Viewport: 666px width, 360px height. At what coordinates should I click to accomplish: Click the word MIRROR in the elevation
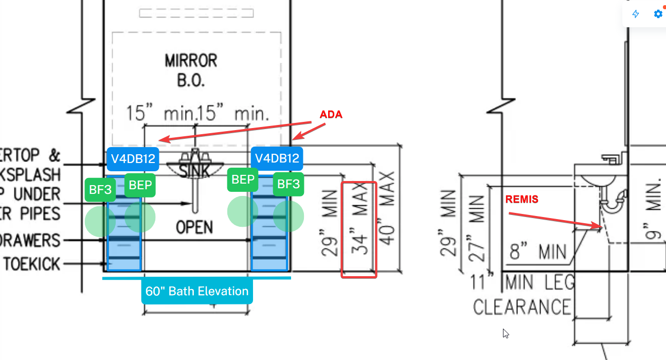tap(191, 61)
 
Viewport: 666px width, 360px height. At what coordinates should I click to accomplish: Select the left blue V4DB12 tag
tap(133, 158)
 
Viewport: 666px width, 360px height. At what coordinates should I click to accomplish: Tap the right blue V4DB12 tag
tap(277, 158)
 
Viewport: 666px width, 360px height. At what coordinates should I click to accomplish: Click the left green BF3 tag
tap(100, 190)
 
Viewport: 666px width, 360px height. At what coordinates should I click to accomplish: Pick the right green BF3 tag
tap(288, 184)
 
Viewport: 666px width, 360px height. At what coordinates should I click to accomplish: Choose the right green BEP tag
tap(243, 179)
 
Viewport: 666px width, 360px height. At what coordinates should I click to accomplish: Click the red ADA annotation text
tap(331, 115)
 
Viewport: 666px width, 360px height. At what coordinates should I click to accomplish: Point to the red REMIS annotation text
tap(522, 200)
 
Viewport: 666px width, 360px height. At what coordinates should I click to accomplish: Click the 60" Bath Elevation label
tap(197, 292)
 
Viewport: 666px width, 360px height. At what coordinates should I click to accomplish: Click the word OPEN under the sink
tap(194, 227)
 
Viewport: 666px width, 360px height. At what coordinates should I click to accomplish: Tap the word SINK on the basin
tap(196, 170)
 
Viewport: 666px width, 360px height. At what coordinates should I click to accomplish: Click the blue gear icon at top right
tap(658, 14)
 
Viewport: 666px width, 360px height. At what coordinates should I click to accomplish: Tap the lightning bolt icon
tap(636, 14)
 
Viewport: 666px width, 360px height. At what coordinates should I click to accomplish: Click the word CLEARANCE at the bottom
tap(522, 307)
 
